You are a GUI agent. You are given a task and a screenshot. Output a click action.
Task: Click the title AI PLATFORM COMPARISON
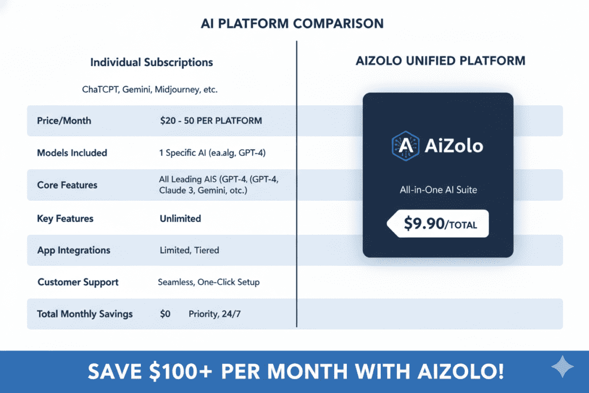(x=292, y=24)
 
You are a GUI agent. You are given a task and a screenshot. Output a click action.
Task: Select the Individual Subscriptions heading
(x=151, y=62)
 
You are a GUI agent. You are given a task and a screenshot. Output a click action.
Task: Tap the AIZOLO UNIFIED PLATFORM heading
(x=441, y=60)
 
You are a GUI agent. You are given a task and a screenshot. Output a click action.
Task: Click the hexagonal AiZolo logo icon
(x=403, y=146)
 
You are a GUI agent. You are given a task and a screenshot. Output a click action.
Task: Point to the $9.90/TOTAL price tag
(x=438, y=223)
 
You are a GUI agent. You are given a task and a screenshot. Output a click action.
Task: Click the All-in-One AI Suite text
(x=438, y=189)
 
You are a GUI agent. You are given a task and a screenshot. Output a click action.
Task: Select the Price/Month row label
(x=64, y=121)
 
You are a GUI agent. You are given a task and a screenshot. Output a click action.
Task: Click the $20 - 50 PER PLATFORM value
(x=211, y=121)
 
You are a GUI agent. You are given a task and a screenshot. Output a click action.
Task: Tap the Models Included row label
(x=72, y=153)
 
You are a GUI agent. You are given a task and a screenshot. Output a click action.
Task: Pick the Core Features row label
(x=67, y=185)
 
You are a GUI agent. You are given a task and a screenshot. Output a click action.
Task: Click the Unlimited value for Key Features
(x=181, y=218)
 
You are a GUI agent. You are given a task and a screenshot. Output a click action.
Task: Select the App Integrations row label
(x=74, y=250)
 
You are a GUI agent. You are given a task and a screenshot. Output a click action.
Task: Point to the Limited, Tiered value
(x=189, y=250)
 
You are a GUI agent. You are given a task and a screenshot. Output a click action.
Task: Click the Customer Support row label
(x=78, y=282)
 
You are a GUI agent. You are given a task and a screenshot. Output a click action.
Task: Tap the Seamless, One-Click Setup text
(x=209, y=282)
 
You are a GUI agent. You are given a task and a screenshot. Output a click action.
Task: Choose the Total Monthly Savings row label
(x=85, y=314)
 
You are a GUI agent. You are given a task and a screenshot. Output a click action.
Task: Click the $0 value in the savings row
(x=165, y=314)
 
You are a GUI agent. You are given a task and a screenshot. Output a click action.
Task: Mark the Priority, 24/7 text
(x=216, y=314)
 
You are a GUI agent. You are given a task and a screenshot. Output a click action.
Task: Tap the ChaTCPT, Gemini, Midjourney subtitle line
(x=150, y=90)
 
